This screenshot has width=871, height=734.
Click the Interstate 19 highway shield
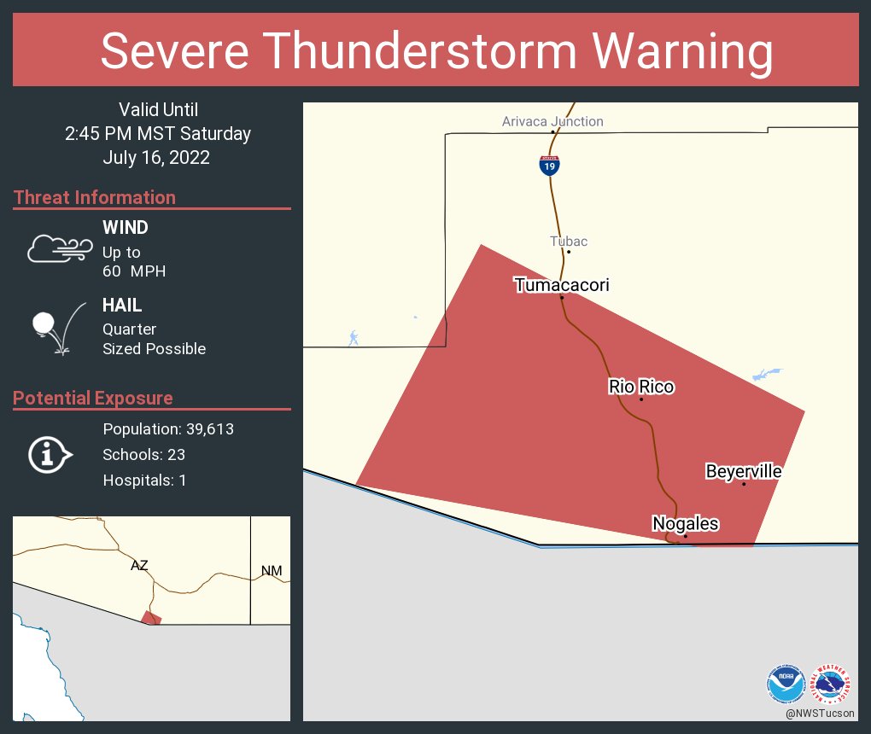(550, 165)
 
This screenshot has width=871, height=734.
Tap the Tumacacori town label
(561, 285)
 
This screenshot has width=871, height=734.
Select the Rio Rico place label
(641, 387)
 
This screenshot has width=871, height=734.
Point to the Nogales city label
(685, 523)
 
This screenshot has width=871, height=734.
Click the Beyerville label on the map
(743, 471)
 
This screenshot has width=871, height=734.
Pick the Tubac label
(569, 242)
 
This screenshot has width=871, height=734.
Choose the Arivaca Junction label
(552, 121)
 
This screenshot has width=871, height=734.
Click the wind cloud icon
(59, 248)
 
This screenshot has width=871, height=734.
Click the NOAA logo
(786, 684)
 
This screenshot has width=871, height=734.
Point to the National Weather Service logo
(833, 684)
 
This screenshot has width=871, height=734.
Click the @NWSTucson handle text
(821, 713)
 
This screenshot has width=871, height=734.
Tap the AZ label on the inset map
(139, 565)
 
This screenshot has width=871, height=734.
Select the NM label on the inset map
(271, 570)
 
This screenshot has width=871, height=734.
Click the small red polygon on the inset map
(151, 617)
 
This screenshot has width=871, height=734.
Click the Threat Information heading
(95, 197)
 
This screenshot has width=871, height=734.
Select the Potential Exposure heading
(93, 398)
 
